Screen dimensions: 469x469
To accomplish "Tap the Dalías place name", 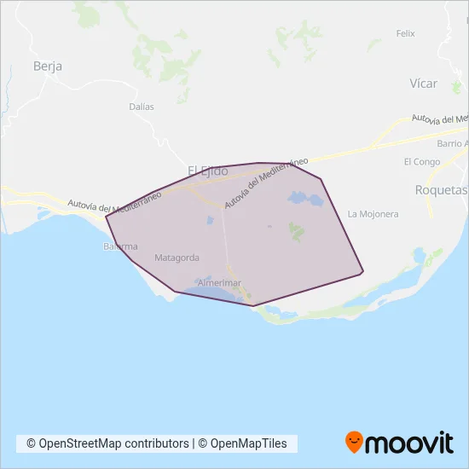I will pyautogui.click(x=142, y=107).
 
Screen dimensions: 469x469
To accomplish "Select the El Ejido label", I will pyautogui.click(x=207, y=171).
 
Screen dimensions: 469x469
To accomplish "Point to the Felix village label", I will pyautogui.click(x=405, y=33).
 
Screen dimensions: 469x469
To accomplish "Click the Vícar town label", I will pyautogui.click(x=423, y=84).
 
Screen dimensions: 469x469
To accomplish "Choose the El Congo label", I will pyautogui.click(x=421, y=161).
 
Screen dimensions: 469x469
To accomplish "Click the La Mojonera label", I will pyautogui.click(x=373, y=214).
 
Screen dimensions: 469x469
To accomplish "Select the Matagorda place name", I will pyautogui.click(x=177, y=257).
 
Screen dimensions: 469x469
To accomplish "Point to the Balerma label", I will pyautogui.click(x=118, y=246).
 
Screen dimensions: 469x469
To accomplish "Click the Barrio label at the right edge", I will pyautogui.click(x=452, y=143).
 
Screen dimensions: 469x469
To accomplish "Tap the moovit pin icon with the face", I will pyautogui.click(x=354, y=442).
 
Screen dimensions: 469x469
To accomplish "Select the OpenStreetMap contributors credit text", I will pyautogui.click(x=107, y=443).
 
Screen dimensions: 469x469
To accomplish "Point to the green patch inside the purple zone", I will pyautogui.click(x=297, y=230).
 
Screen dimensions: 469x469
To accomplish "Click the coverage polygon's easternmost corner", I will pyautogui.click(x=363, y=273).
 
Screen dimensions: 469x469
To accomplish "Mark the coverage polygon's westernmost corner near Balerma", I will pyautogui.click(x=106, y=216).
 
